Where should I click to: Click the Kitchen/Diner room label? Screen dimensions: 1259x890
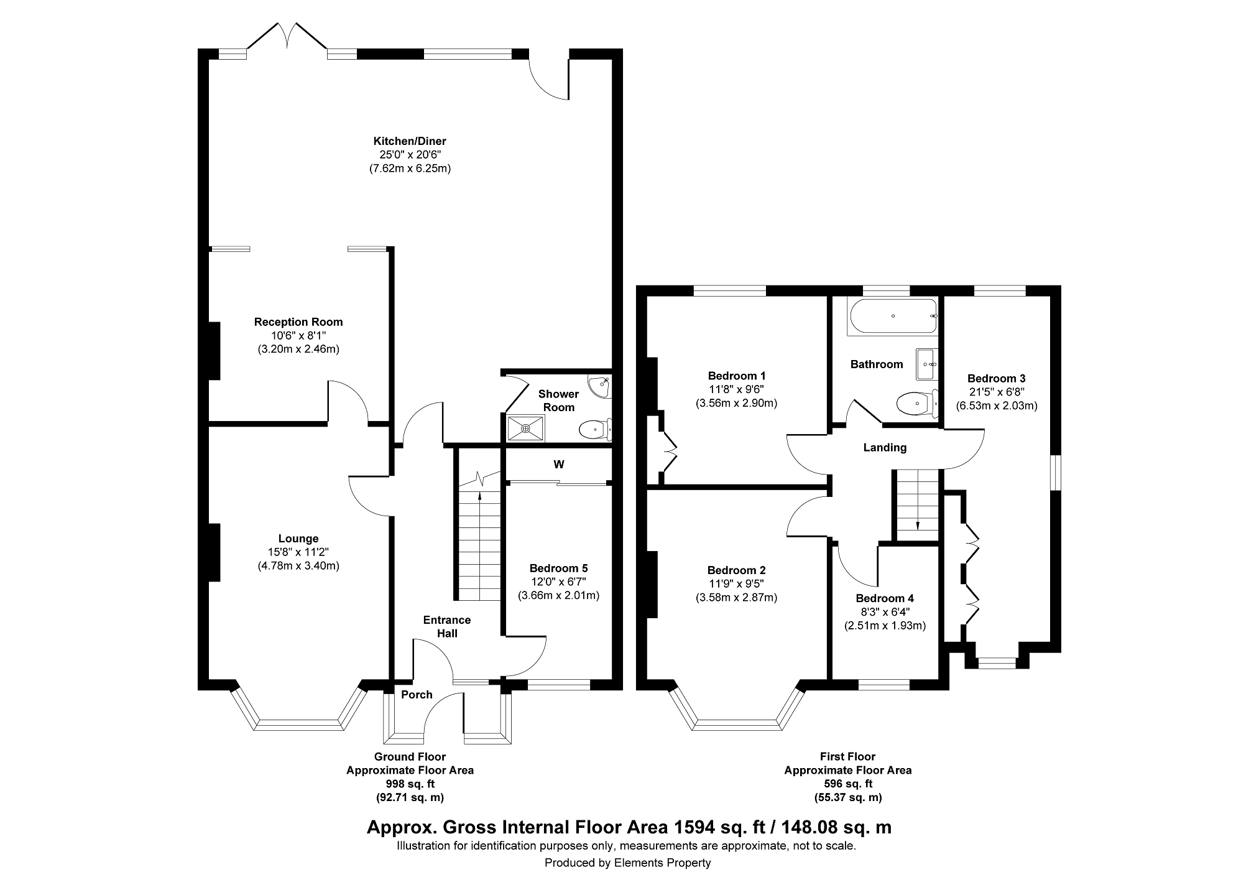(409, 141)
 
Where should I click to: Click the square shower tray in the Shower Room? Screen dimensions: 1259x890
(526, 429)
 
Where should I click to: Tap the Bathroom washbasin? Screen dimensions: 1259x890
(927, 364)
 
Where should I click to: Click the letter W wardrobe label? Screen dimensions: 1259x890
(559, 465)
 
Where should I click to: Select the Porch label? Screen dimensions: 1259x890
(417, 695)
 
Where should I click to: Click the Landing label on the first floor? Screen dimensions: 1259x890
(885, 448)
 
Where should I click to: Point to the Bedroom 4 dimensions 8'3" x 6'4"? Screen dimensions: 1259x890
(885, 612)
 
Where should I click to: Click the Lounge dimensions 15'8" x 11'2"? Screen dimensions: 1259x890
(298, 552)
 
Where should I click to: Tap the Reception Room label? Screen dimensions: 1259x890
(298, 322)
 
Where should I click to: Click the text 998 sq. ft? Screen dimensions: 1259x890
(410, 784)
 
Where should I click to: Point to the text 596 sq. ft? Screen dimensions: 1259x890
(847, 784)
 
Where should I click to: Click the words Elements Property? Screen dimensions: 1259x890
(662, 863)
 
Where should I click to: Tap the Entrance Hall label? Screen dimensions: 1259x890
(447, 627)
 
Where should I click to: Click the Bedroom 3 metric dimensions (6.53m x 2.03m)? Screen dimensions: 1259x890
(997, 406)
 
